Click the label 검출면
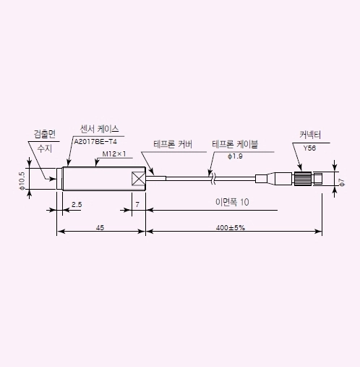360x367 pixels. pyautogui.click(x=45, y=134)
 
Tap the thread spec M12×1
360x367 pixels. pyautogui.click(x=114, y=154)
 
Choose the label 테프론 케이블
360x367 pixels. pyautogui.click(x=233, y=144)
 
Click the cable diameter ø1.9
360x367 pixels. pyautogui.click(x=234, y=156)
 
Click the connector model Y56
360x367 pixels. pyautogui.click(x=309, y=148)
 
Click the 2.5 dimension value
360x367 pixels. pyautogui.click(x=77, y=205)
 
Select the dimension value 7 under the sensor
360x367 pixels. pyautogui.click(x=137, y=205)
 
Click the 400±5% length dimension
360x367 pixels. pyautogui.click(x=231, y=227)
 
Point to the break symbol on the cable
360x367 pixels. pyautogui.click(x=210, y=176)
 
